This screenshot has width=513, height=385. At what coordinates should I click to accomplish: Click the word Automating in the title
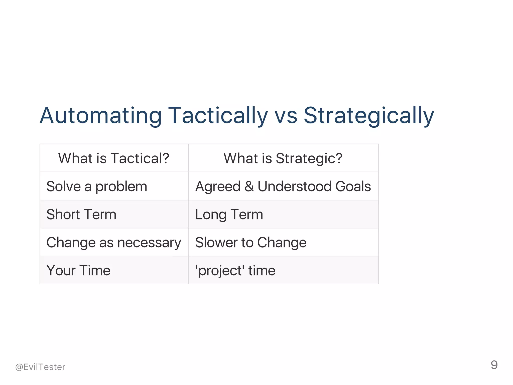(100, 116)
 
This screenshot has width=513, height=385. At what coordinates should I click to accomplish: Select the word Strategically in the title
(369, 116)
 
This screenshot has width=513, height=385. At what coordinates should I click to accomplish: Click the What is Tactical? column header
(114, 158)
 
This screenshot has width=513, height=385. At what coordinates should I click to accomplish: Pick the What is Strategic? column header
(283, 158)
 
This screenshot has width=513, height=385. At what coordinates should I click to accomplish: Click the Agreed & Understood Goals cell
(283, 186)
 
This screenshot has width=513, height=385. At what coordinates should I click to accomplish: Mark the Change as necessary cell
(114, 243)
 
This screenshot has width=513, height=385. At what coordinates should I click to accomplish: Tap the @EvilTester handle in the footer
(40, 367)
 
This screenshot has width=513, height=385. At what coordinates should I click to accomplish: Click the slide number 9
(494, 365)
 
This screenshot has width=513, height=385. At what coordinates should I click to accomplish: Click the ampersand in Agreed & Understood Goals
(249, 186)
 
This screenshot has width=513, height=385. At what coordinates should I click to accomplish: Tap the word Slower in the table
(217, 243)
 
